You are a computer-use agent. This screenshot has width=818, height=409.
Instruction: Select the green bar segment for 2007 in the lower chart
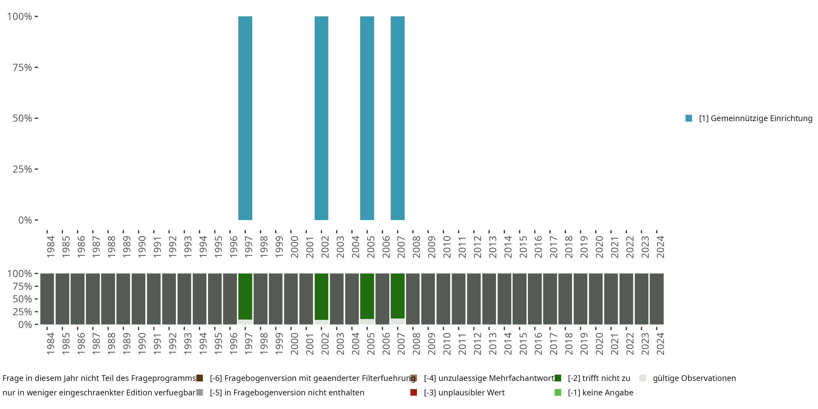click(398, 296)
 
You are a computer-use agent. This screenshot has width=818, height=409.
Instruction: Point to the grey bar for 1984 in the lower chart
click(47, 299)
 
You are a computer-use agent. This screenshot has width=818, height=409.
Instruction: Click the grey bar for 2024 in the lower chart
click(657, 299)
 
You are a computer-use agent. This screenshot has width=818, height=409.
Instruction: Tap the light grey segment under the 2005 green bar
click(367, 322)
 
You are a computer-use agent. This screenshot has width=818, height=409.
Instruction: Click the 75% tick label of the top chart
click(22, 67)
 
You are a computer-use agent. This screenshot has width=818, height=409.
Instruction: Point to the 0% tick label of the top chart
click(25, 220)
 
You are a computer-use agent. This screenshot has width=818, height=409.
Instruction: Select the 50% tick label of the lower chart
click(22, 299)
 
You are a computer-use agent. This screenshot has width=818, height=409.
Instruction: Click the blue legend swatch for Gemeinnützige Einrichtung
click(689, 118)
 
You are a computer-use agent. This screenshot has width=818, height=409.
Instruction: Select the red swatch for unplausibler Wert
click(413, 392)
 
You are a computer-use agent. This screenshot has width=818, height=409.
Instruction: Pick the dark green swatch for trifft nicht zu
click(558, 378)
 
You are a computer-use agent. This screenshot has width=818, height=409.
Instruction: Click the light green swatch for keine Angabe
click(558, 392)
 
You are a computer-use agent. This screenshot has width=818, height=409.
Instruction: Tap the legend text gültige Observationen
click(694, 378)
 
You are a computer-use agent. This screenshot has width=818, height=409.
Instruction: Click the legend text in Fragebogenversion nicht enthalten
click(287, 392)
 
